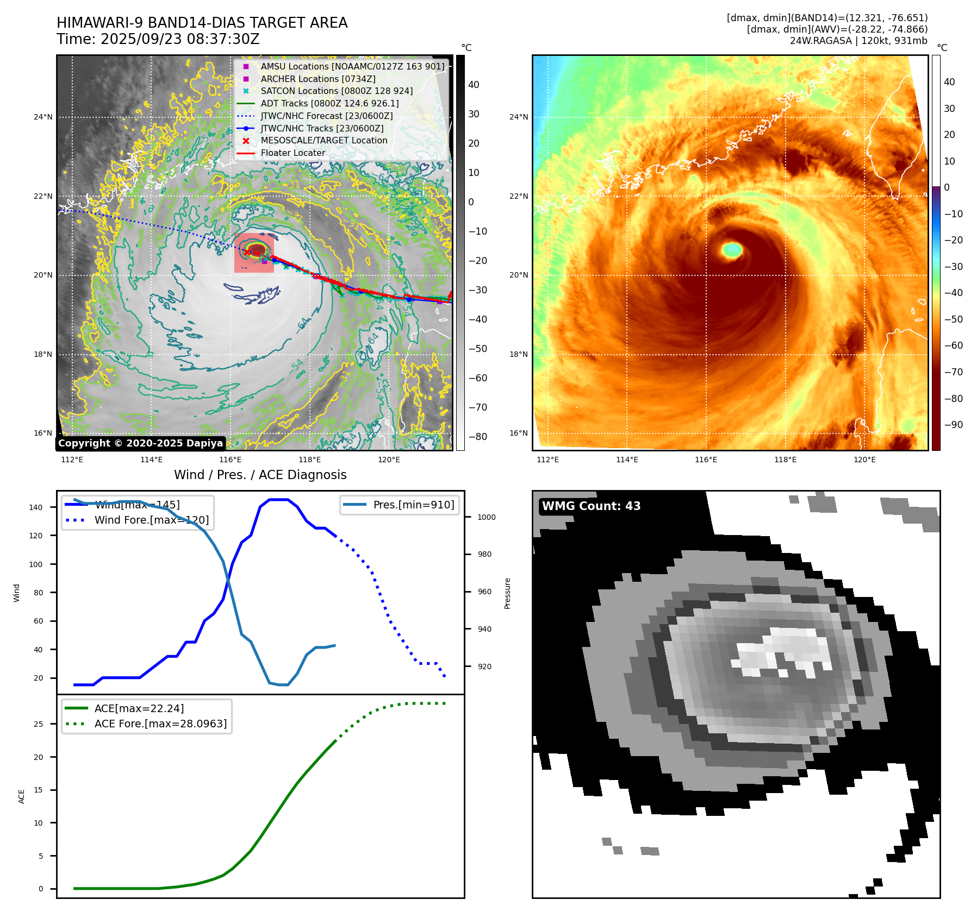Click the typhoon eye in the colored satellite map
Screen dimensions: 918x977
point(732,250)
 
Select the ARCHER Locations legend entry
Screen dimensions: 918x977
point(318,79)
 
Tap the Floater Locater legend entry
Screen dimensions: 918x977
point(293,153)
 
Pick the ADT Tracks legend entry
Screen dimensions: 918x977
point(329,103)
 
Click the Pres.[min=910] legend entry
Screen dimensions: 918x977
point(413,505)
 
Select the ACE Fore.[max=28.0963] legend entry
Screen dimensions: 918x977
point(160,724)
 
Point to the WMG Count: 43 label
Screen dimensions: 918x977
point(591,506)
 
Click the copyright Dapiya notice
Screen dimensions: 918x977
point(140,443)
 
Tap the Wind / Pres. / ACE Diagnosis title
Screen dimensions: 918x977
point(260,475)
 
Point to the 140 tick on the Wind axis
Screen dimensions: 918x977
point(36,507)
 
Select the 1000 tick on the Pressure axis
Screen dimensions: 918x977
point(486,517)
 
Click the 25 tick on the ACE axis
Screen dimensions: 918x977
point(38,724)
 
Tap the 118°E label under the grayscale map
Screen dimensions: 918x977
point(309,460)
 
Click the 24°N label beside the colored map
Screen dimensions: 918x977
point(518,117)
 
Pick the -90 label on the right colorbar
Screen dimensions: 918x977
point(953,425)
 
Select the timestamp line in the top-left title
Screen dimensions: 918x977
point(158,40)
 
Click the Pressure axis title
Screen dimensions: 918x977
point(507,593)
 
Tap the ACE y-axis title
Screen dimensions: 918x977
point(22,796)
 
